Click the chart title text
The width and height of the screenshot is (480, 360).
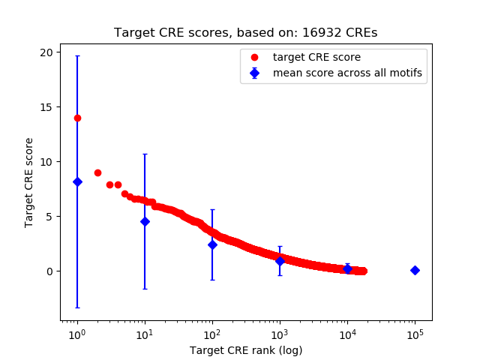point(245,33)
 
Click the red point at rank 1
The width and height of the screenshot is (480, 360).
point(77,118)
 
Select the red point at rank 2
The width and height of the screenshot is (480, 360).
point(97,172)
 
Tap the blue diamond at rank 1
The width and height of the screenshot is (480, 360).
point(77,181)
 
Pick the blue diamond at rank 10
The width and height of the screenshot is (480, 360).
point(145,221)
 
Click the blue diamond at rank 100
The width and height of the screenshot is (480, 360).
point(212,244)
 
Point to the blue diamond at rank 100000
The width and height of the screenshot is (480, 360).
point(415,270)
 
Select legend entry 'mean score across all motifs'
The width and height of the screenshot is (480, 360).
point(347,73)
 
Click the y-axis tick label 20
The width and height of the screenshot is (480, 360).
point(46,52)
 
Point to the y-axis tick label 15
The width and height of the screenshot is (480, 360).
point(46,107)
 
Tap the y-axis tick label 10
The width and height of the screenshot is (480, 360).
point(46,162)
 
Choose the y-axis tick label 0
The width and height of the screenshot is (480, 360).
point(49,271)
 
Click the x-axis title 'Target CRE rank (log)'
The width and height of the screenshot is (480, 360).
point(245,349)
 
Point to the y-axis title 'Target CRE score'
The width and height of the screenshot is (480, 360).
point(29,182)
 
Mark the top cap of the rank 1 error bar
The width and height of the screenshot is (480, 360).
point(77,56)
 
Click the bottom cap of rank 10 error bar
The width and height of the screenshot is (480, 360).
point(145,289)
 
